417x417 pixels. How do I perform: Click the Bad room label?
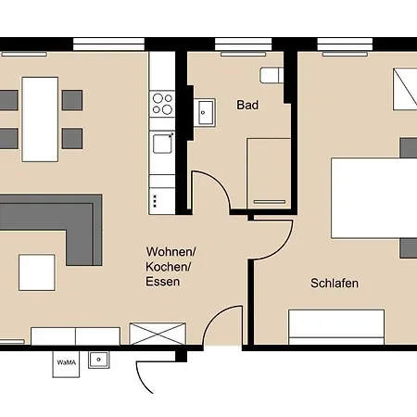[247, 105]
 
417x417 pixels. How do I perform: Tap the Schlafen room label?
[335, 284]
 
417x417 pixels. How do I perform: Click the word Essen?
[163, 282]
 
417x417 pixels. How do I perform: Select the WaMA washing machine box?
[66, 364]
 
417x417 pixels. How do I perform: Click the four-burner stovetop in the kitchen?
[162, 104]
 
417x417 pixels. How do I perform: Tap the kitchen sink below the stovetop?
[162, 144]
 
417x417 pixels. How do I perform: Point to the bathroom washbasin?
[205, 112]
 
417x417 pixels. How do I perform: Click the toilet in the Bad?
[272, 75]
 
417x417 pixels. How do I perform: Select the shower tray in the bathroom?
[269, 173]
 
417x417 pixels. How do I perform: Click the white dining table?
[40, 120]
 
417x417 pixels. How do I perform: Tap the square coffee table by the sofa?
[37, 272]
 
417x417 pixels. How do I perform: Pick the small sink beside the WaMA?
[99, 360]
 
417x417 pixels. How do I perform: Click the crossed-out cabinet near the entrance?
[158, 334]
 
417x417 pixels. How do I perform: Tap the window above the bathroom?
[244, 44]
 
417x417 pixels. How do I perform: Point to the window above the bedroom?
[345, 44]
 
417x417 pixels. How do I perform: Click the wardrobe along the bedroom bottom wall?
[336, 327]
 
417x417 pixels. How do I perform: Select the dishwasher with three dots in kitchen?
[162, 201]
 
